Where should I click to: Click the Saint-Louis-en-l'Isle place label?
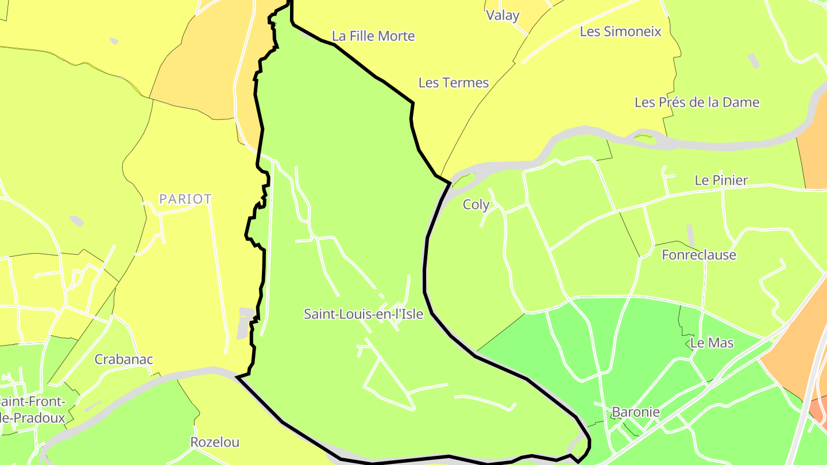pos(363,314)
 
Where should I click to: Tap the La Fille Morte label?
pos(373,36)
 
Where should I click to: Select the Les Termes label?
pos(453,83)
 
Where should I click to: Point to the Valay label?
pos(503,15)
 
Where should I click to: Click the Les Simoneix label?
pos(620,32)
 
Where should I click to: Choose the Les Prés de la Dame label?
pos(697,103)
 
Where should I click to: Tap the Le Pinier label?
pos(721,180)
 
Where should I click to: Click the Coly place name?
pos(476,205)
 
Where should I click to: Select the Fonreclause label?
pos(698,255)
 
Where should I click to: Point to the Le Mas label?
pos(712,343)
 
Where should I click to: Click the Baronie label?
pos(635,412)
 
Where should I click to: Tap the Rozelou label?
pos(214,443)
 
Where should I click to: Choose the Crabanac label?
pos(123,360)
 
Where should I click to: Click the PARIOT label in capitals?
pos(185,199)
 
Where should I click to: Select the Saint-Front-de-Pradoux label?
pos(32,410)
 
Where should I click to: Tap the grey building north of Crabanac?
pos(76,220)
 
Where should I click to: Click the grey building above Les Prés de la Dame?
pos(753,61)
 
